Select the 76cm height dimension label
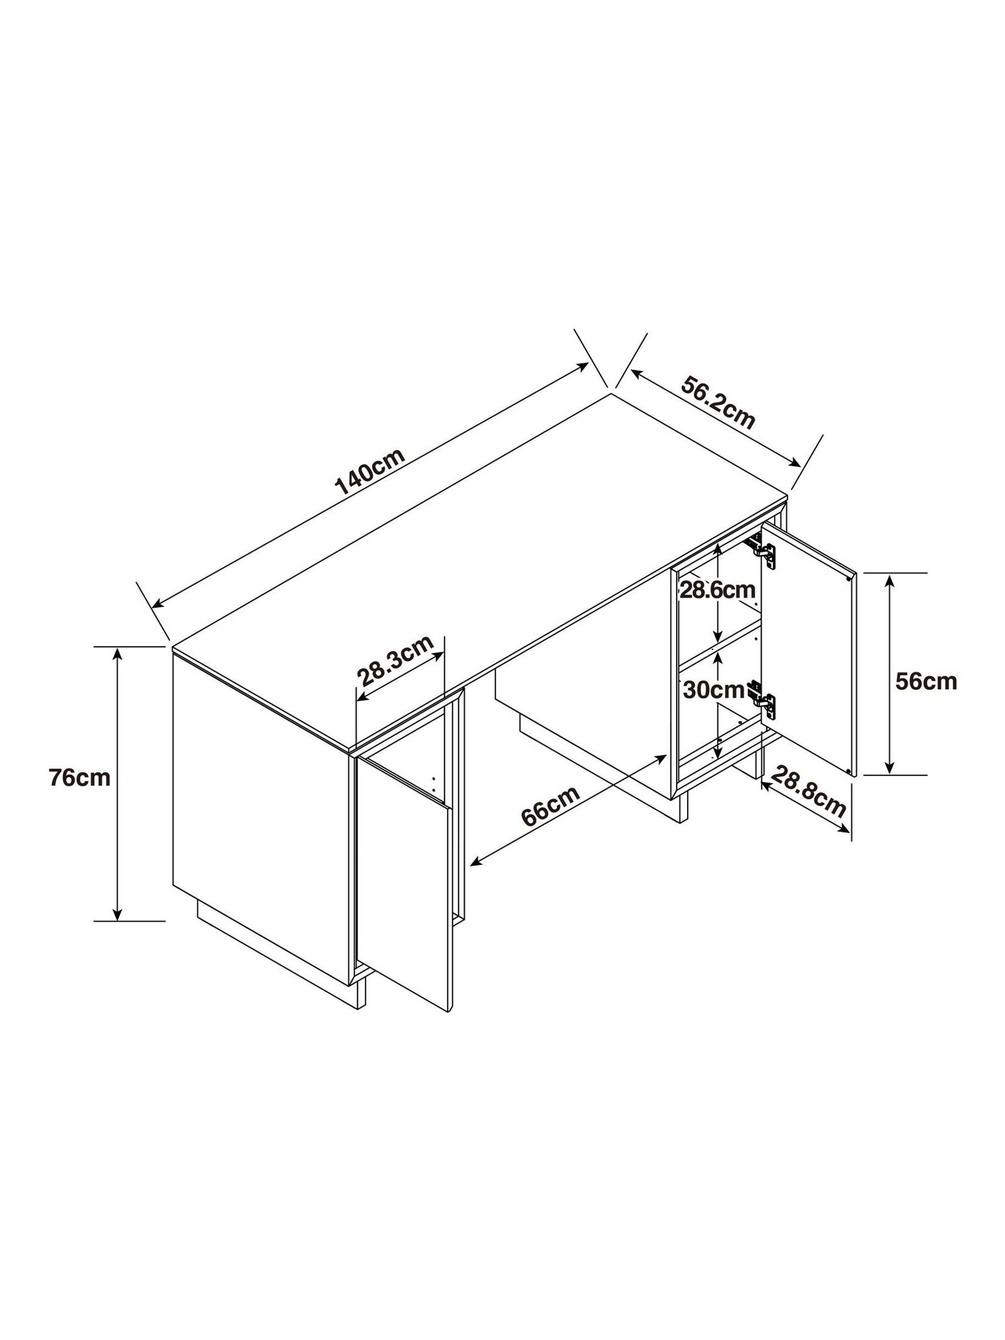(x=80, y=778)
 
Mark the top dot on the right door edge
(x=849, y=578)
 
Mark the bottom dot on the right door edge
(x=849, y=771)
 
